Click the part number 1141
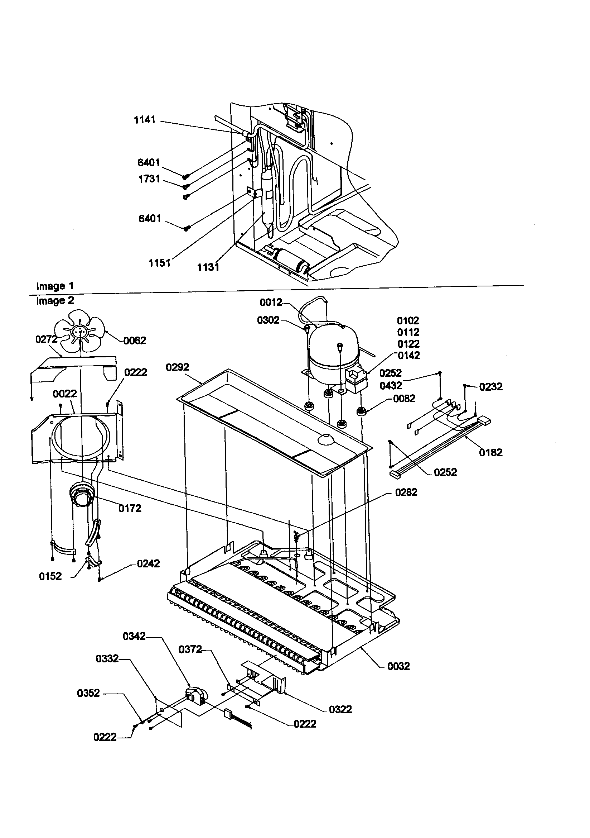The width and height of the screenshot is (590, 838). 145,120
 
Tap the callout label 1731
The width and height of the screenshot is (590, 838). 149,179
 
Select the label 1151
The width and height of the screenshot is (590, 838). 159,263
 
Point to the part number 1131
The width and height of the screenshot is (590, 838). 208,267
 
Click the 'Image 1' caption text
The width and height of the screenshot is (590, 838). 55,286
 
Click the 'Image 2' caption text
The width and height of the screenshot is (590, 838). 55,301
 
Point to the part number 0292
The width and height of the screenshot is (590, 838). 178,367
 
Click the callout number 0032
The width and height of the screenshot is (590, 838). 398,666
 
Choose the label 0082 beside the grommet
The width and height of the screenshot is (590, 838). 404,398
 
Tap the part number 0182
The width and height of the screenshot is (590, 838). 491,453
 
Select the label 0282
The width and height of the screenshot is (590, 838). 406,492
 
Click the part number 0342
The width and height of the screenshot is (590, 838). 134,636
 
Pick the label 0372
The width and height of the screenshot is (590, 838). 190,649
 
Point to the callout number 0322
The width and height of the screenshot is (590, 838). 340,709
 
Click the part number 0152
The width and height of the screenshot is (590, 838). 50,576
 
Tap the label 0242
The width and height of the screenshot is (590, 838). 149,563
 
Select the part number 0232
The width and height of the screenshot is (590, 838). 491,386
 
